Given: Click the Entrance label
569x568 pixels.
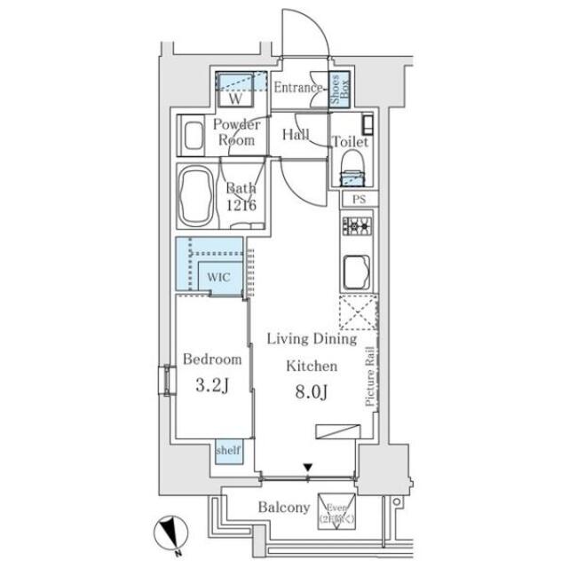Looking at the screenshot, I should click(x=296, y=87).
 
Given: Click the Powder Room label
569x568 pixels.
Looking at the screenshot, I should click(x=236, y=132).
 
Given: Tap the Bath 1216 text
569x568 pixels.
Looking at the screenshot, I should click(x=241, y=196).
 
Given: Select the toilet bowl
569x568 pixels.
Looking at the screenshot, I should click(x=352, y=163).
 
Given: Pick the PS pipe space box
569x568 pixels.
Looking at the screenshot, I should click(x=359, y=200).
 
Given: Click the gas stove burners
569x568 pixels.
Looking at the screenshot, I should click(x=358, y=229).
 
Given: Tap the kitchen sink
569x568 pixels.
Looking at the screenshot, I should click(x=358, y=268).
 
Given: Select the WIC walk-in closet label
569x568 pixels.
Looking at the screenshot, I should click(x=219, y=276).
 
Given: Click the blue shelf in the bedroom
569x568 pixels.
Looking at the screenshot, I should click(x=227, y=451).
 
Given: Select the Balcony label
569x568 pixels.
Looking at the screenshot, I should click(x=284, y=508).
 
